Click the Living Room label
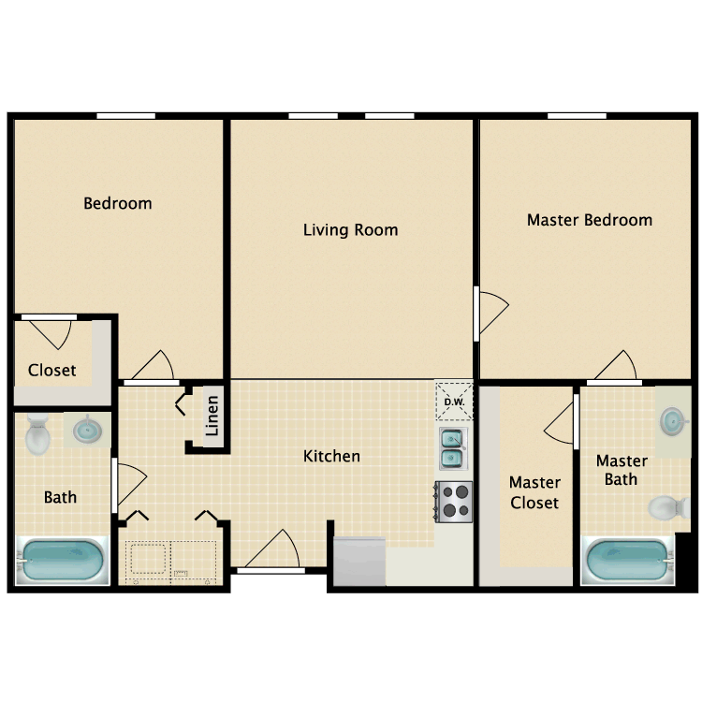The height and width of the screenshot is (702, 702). coord(350,229)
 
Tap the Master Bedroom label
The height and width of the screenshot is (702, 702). coord(589,220)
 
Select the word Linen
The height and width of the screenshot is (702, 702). coord(212,416)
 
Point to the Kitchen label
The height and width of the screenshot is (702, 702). coord(331,456)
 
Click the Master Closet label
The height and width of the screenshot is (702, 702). coord(534,492)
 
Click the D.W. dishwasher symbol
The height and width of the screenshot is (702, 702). coord(454,402)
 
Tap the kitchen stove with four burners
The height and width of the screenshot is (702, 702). coord(454,501)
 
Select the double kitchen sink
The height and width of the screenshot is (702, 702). coord(454,447)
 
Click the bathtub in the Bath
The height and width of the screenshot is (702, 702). coord(62,561)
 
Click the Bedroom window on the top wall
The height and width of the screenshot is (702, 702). coord(125,116)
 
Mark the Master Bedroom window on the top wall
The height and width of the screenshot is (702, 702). coord(577,116)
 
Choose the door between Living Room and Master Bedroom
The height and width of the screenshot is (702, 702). coord(490,312)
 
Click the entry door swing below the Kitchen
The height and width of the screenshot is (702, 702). coord(273,550)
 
